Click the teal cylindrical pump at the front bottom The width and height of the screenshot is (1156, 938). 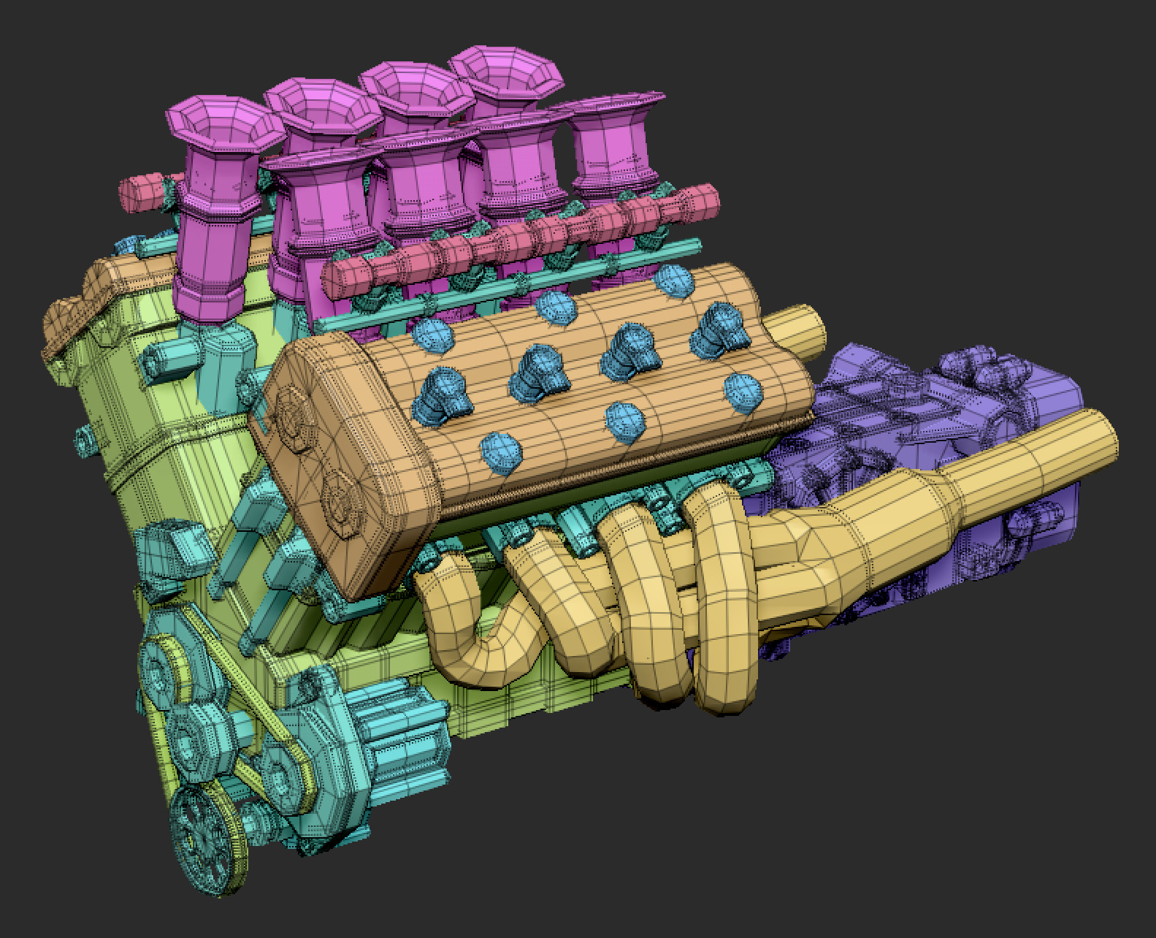394,738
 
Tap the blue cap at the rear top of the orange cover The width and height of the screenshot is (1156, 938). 673,281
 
